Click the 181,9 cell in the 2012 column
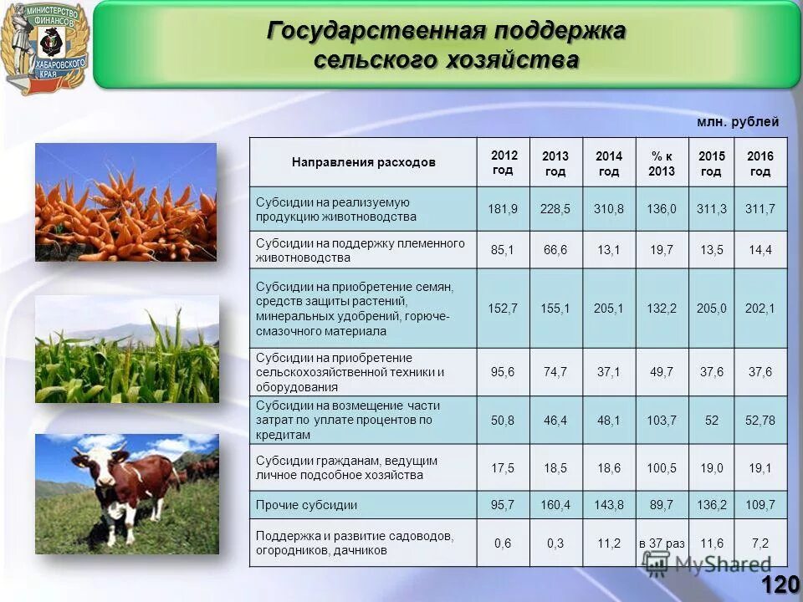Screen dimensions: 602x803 click(x=503, y=209)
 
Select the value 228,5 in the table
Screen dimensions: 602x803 click(x=555, y=209)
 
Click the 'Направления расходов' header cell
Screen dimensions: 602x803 click(x=364, y=162)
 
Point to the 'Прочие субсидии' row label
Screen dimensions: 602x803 click(x=307, y=505)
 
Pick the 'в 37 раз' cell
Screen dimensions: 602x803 click(x=662, y=543)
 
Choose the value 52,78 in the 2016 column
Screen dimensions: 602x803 click(x=760, y=421)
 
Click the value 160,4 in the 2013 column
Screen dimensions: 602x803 click(x=555, y=505)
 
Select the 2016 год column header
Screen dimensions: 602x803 click(x=760, y=164)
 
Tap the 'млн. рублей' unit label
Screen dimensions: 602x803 click(x=738, y=122)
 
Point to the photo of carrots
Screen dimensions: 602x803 click(x=125, y=202)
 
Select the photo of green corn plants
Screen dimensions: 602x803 click(x=126, y=349)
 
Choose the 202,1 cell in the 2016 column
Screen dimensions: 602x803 click(x=760, y=309)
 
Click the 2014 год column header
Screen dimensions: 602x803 click(x=609, y=164)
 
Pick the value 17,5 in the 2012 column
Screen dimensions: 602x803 click(x=503, y=468)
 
